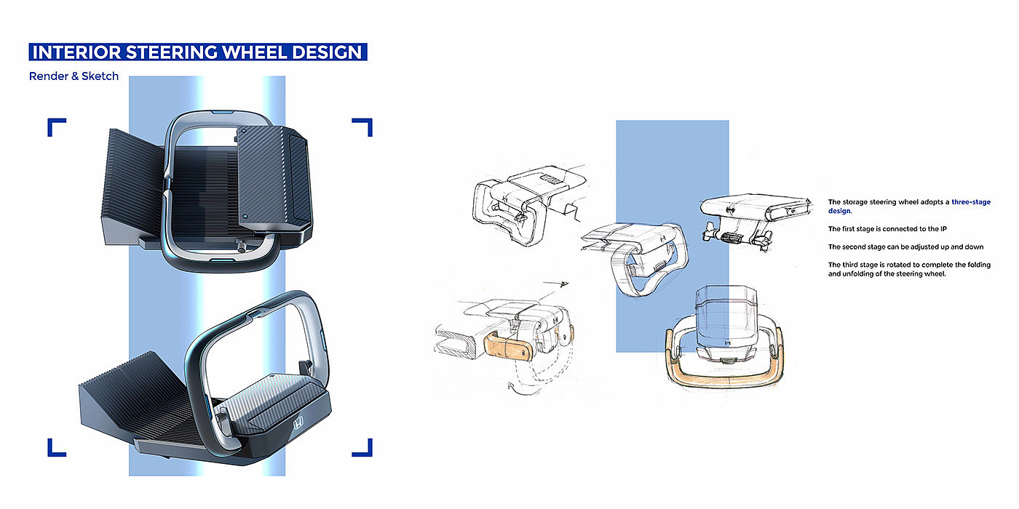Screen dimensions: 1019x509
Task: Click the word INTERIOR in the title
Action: [77, 52]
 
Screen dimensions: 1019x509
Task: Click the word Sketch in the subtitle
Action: [100, 76]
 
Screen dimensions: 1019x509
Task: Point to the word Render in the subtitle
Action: [49, 76]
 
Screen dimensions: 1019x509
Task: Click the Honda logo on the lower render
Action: [298, 423]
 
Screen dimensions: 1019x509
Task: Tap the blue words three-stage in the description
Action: [971, 202]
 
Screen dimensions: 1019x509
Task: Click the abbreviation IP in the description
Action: [943, 228]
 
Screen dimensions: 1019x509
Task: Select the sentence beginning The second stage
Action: [905, 247]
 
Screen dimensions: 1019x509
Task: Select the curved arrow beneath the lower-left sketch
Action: [512, 388]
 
